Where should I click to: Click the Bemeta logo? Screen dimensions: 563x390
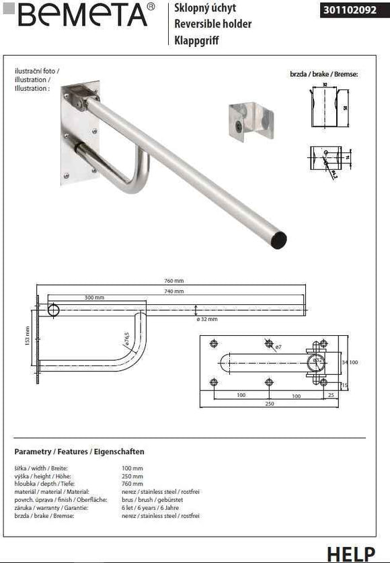[x=81, y=15]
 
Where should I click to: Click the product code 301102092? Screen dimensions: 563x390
[x=347, y=10]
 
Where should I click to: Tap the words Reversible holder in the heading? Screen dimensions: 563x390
[x=212, y=24]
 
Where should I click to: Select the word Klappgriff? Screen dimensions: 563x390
[x=196, y=40]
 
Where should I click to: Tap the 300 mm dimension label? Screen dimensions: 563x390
[x=94, y=296]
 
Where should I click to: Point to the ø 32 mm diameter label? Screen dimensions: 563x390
[x=207, y=318]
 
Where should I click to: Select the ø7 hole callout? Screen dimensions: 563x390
[x=278, y=347]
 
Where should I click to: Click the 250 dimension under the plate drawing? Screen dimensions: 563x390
[x=268, y=403]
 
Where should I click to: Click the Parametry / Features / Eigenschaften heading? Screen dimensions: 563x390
[x=79, y=451]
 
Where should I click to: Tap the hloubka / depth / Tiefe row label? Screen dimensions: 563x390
[x=40, y=484]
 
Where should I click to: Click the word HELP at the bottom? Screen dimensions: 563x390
[x=350, y=554]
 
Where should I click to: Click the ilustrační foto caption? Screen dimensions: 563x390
[x=37, y=71]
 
